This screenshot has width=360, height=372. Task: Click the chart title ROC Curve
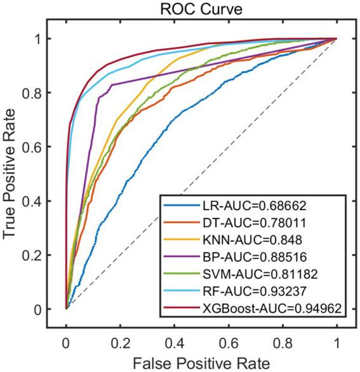coord(201,8)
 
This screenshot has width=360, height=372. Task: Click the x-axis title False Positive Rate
coord(201,362)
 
